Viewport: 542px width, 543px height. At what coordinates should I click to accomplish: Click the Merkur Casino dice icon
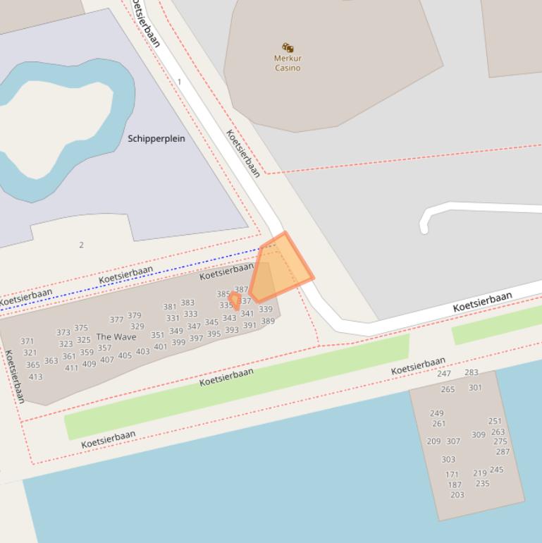click(x=288, y=47)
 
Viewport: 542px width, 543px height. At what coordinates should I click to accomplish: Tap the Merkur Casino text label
click(x=288, y=63)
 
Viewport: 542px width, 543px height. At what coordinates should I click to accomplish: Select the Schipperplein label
click(x=156, y=138)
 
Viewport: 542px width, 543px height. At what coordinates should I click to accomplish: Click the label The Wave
click(x=116, y=337)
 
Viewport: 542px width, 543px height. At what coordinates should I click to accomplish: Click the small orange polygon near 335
click(x=234, y=299)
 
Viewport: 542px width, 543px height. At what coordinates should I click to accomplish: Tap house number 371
click(x=27, y=341)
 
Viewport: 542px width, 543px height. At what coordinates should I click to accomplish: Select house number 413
click(x=35, y=377)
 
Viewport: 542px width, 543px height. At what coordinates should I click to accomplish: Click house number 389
click(x=268, y=322)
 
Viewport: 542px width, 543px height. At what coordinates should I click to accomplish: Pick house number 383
click(x=187, y=303)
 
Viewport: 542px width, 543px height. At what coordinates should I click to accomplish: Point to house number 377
click(x=116, y=319)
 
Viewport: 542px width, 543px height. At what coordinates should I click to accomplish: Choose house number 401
click(x=161, y=346)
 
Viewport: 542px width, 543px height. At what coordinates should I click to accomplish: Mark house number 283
click(x=472, y=372)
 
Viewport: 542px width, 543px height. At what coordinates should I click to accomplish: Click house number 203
click(x=457, y=495)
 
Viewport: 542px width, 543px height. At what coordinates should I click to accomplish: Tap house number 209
click(x=433, y=441)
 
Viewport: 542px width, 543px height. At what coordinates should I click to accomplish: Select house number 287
click(x=503, y=451)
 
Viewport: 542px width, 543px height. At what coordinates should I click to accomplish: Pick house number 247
click(x=444, y=374)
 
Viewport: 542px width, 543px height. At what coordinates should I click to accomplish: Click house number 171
click(x=452, y=475)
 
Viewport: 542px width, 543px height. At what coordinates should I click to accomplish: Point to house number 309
click(x=479, y=434)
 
